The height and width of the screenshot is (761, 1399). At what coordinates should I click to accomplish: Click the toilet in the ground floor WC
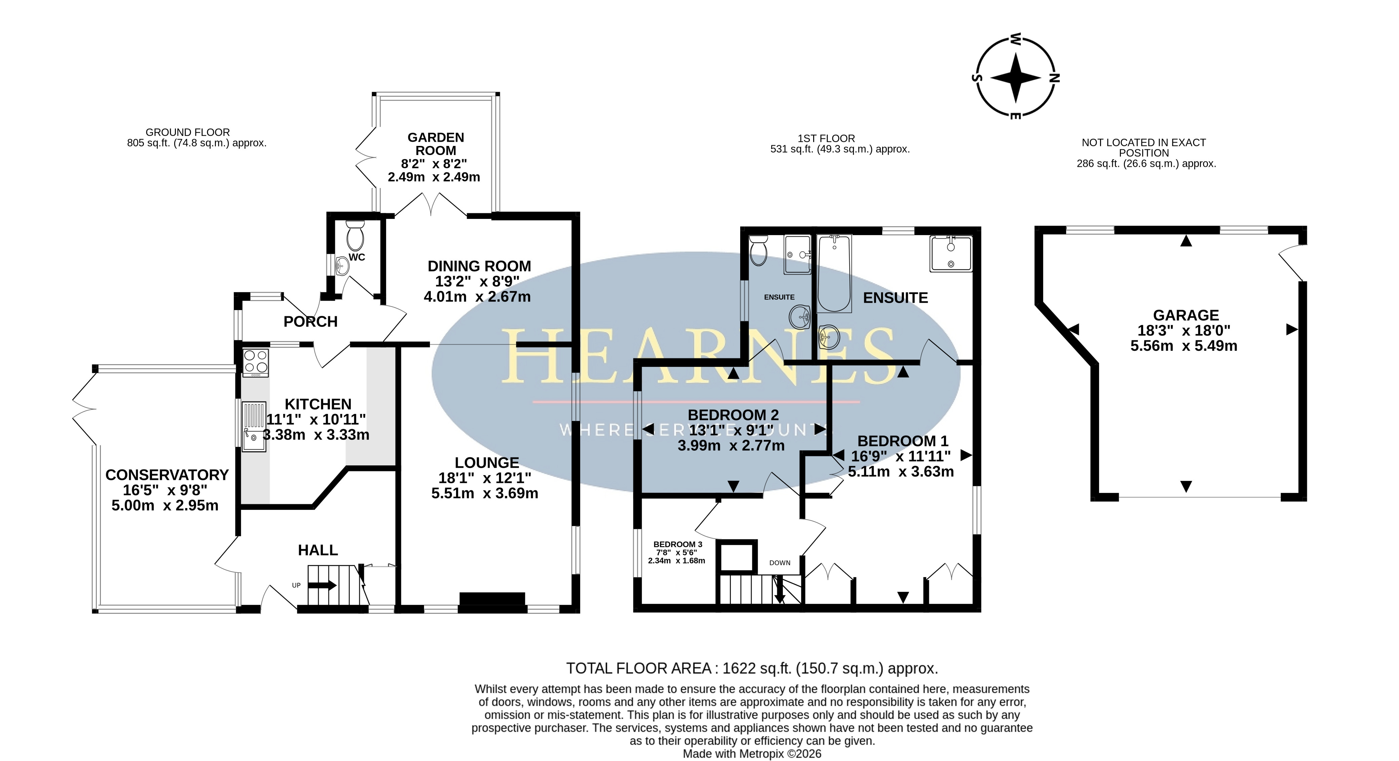tap(355, 235)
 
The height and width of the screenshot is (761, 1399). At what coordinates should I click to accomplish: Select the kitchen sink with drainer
tap(254, 426)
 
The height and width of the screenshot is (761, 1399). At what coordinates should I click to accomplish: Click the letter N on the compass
tap(1054, 78)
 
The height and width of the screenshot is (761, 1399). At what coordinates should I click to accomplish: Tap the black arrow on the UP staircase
tap(323, 585)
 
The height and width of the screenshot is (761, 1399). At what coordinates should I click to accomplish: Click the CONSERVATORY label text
tap(167, 475)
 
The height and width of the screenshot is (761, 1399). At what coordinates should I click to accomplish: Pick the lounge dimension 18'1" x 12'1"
tap(485, 478)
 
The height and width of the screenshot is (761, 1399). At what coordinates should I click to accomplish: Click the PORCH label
tap(311, 321)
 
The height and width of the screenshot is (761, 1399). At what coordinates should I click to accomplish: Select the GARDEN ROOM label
tap(436, 144)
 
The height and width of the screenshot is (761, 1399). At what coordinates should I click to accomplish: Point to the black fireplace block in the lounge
tap(492, 599)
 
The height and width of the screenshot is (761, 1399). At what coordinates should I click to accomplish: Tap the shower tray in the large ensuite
tap(951, 253)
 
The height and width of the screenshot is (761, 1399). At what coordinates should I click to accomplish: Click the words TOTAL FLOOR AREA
tap(639, 668)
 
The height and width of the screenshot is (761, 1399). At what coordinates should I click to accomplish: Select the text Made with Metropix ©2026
tap(752, 754)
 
